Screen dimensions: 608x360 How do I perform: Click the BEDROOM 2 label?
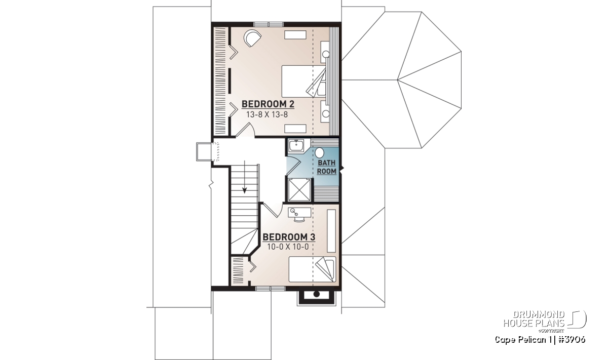268,104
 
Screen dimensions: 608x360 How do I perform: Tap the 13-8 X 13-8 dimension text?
267,115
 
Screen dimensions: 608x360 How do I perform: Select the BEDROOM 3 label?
289,237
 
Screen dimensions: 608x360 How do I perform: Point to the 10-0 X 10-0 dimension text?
288,247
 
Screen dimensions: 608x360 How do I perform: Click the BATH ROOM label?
326,167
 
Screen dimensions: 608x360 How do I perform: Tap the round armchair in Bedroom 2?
252,38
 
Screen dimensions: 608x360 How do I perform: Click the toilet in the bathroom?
320,152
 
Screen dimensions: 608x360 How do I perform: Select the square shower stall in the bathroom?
299,190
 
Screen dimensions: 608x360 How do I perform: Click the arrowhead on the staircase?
245,190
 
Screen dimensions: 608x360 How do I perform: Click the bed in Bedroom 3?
312,269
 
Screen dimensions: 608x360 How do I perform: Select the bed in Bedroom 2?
303,81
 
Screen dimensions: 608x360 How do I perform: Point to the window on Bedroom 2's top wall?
269,24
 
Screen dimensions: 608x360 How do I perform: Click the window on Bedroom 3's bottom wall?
271,289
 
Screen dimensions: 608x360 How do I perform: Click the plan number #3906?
570,339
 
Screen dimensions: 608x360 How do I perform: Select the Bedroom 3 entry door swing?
272,210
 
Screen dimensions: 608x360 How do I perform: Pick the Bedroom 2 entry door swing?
245,130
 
